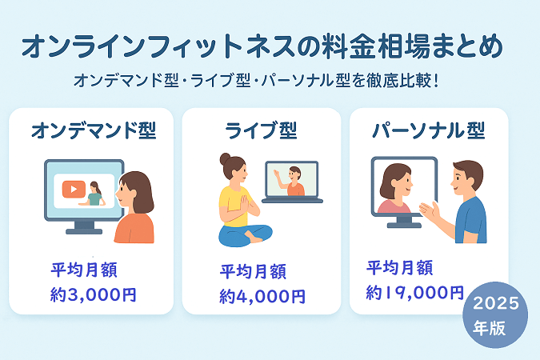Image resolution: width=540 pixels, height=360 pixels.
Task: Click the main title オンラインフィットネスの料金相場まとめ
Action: (x=262, y=46)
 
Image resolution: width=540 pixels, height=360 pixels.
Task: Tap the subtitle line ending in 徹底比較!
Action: (x=256, y=81)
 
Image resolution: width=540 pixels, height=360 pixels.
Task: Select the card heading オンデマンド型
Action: (x=94, y=130)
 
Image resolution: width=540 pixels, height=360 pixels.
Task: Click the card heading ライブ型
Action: (x=261, y=130)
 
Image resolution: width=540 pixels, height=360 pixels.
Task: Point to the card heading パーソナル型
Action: (x=429, y=130)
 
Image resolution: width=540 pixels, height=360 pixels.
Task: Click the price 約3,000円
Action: (x=94, y=295)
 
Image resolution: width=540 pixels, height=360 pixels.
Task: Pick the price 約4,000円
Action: (x=262, y=297)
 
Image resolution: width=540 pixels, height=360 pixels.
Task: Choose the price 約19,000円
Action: (x=415, y=293)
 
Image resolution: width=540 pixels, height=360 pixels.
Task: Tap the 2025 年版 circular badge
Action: (x=495, y=315)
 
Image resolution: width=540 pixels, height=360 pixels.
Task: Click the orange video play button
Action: (x=74, y=189)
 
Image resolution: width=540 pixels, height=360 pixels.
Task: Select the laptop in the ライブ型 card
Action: (x=292, y=182)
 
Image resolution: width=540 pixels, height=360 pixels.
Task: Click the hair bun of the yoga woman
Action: (x=226, y=159)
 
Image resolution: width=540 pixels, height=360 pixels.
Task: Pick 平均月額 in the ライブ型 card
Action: (x=253, y=271)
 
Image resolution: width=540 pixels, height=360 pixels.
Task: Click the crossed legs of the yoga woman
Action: (x=246, y=235)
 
